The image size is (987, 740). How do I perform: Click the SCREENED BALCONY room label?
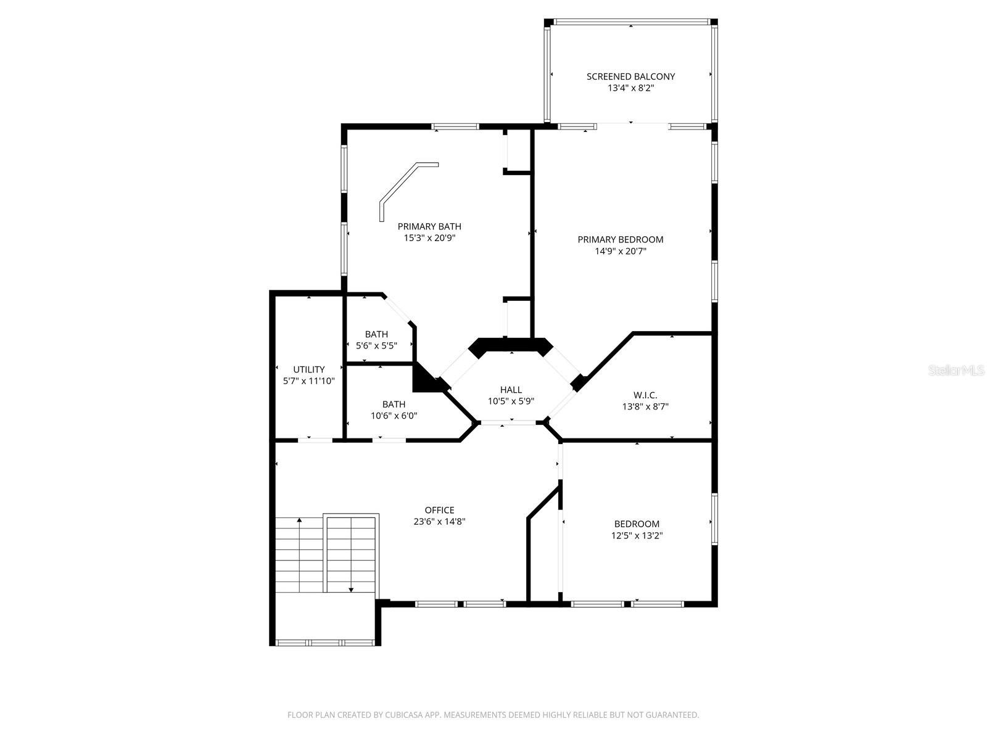pos(630,77)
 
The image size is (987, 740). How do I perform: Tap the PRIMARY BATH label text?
pos(429,226)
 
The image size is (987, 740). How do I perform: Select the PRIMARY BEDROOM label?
pos(620,239)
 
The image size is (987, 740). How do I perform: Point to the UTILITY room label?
pos(308,369)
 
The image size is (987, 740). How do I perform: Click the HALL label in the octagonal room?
pos(511,390)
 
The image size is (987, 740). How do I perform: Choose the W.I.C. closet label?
pos(645,395)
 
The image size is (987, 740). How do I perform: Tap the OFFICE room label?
pos(439,510)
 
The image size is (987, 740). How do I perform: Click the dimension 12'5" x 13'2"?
pos(637,535)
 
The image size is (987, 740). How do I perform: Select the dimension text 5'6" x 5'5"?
pos(376,345)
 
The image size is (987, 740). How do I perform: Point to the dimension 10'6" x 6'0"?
pos(394,416)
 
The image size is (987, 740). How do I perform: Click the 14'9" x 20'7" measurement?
pos(620,251)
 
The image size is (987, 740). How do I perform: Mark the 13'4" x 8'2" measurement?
pos(630,88)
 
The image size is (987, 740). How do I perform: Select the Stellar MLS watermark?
pos(956,371)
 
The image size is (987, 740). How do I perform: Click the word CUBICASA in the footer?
pos(404,715)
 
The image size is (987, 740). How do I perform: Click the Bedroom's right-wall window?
pos(714,519)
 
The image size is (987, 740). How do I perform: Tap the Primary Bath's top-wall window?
pos(455,126)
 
